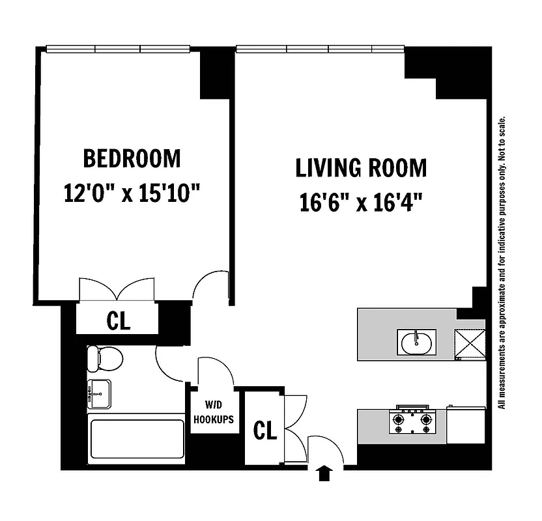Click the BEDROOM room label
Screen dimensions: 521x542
(132, 158)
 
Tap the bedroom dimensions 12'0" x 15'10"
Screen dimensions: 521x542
(132, 193)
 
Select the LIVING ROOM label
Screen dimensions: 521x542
(361, 168)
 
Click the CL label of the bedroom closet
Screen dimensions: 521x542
(118, 320)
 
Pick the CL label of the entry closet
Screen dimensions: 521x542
(264, 430)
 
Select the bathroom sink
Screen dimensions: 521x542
(99, 393)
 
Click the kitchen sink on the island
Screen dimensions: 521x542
(416, 343)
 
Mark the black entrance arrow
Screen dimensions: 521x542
(324, 473)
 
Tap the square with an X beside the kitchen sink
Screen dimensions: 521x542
(470, 340)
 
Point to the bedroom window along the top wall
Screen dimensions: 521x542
(117, 48)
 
